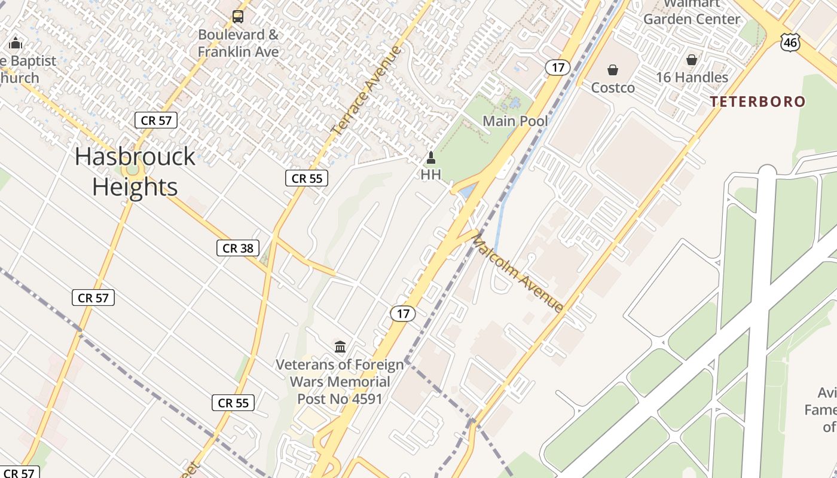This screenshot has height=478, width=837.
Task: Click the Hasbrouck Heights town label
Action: click(x=135, y=171)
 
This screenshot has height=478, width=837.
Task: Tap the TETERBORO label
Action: click(x=757, y=102)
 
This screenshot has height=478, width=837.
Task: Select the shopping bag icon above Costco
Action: click(x=613, y=71)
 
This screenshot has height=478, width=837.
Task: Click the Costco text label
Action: click(x=613, y=88)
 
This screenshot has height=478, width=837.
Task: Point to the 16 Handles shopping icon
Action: click(x=692, y=60)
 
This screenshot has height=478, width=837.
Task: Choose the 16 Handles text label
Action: click(x=692, y=77)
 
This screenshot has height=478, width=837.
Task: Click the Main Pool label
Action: click(x=515, y=121)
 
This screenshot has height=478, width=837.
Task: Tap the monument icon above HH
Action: click(x=430, y=158)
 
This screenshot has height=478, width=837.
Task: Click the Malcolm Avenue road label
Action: click(x=518, y=274)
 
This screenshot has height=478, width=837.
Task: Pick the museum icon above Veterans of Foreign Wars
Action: click(x=340, y=347)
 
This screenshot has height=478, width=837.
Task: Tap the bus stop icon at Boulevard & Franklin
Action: click(x=238, y=17)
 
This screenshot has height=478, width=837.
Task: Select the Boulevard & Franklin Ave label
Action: click(x=239, y=43)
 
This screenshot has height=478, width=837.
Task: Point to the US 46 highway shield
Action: click(x=790, y=42)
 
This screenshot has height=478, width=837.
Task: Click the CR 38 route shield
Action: click(x=238, y=248)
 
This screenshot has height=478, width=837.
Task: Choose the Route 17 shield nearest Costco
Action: click(x=557, y=68)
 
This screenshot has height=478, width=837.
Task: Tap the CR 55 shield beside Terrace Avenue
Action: click(x=307, y=178)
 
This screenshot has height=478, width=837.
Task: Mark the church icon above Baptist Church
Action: click(x=16, y=43)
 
